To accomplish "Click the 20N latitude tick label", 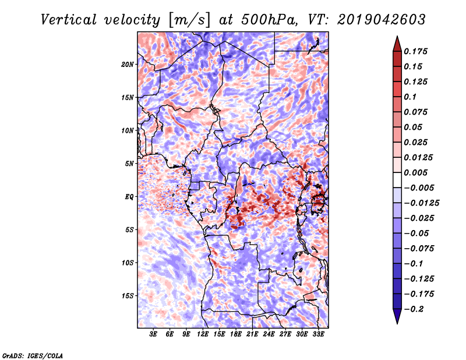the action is [x=127, y=65].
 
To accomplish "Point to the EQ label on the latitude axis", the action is [x=129, y=197].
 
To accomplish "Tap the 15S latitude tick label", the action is [x=127, y=296].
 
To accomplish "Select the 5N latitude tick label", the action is [x=129, y=164].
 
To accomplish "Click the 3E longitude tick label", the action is [x=153, y=334].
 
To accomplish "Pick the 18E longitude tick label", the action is [x=235, y=334].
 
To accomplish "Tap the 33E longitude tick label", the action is [x=318, y=334].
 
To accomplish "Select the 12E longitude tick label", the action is [x=202, y=334].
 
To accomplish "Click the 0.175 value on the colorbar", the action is [x=415, y=51].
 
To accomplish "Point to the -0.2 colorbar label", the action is [x=413, y=309].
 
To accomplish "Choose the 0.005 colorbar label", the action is [x=415, y=172].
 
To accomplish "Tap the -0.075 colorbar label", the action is [x=419, y=249].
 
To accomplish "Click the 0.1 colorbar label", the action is [x=410, y=97].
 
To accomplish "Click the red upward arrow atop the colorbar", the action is [x=397, y=44].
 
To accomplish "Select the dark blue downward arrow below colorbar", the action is [x=397, y=316].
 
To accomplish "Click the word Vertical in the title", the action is [x=68, y=20].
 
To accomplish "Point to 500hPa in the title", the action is [x=270, y=20].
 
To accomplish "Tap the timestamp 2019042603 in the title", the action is [x=382, y=20].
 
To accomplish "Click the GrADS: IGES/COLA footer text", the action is [x=33, y=355].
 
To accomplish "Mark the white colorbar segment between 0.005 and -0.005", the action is [x=397, y=180].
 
